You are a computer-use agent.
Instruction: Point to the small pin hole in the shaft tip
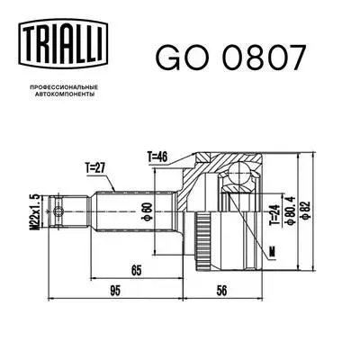[58, 214]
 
